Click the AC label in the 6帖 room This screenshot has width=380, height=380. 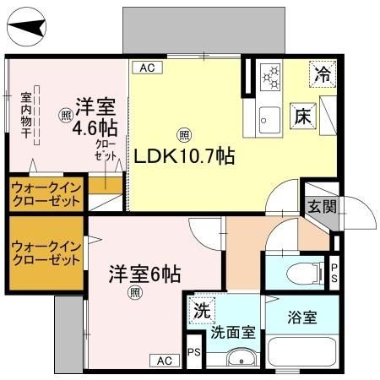(164, 361)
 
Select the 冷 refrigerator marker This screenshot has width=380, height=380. (323, 73)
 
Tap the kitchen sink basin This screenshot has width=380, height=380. (270, 116)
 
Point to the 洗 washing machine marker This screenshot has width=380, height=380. (200, 308)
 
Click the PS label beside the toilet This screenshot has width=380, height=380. (334, 272)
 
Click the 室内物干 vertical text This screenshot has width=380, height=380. (26, 115)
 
